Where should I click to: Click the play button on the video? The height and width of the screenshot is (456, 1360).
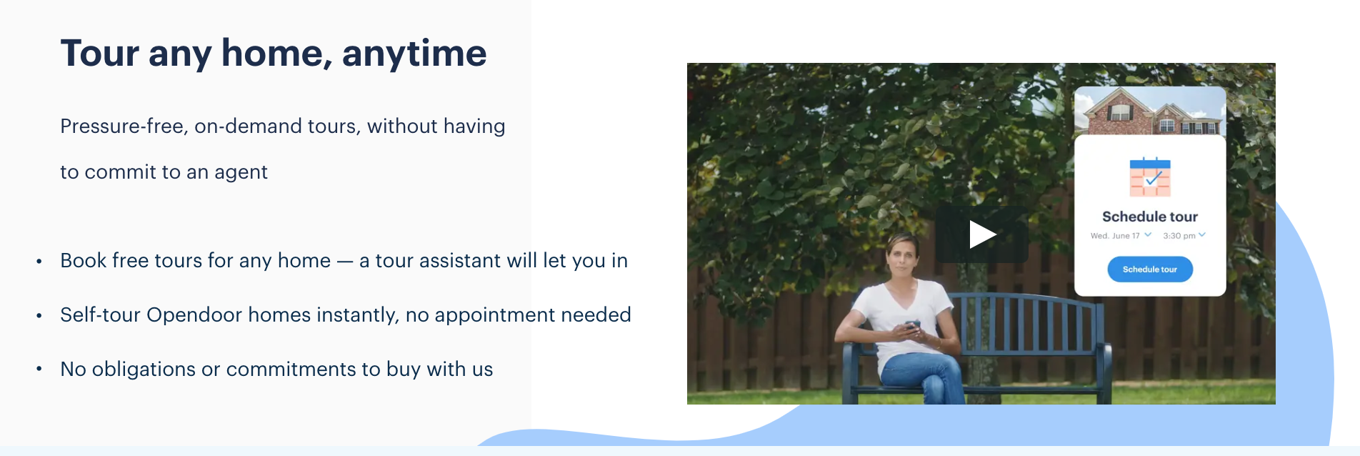click(982, 234)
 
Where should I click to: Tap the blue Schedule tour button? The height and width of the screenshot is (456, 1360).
click(1150, 269)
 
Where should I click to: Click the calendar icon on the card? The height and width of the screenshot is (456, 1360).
click(1150, 177)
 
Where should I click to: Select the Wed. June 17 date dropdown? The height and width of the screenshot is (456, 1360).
click(1121, 235)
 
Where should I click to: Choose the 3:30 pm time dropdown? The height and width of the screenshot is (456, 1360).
click(1184, 235)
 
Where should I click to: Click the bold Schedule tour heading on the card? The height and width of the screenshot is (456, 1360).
click(1150, 217)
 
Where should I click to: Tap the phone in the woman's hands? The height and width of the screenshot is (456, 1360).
click(912, 326)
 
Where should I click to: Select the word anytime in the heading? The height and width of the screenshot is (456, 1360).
click(414, 54)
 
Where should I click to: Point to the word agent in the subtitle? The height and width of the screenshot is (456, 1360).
click(241, 173)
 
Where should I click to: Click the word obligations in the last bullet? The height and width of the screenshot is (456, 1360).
click(144, 370)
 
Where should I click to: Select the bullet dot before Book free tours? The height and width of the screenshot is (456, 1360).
click(39, 262)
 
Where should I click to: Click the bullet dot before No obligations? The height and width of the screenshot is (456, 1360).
click(39, 370)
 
